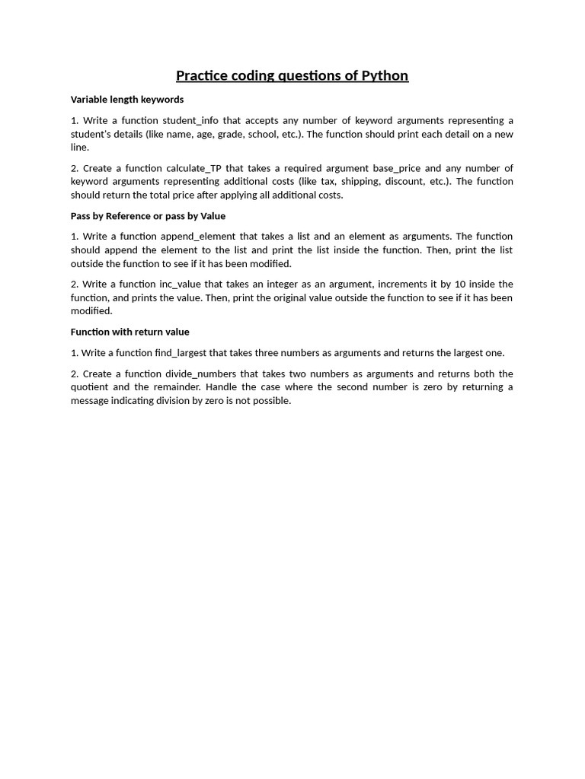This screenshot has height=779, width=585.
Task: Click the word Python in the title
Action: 380,75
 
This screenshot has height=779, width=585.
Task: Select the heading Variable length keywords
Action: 127,100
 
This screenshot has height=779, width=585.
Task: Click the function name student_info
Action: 190,120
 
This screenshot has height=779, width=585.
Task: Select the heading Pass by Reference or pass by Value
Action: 148,216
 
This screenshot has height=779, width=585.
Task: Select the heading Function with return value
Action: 129,332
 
